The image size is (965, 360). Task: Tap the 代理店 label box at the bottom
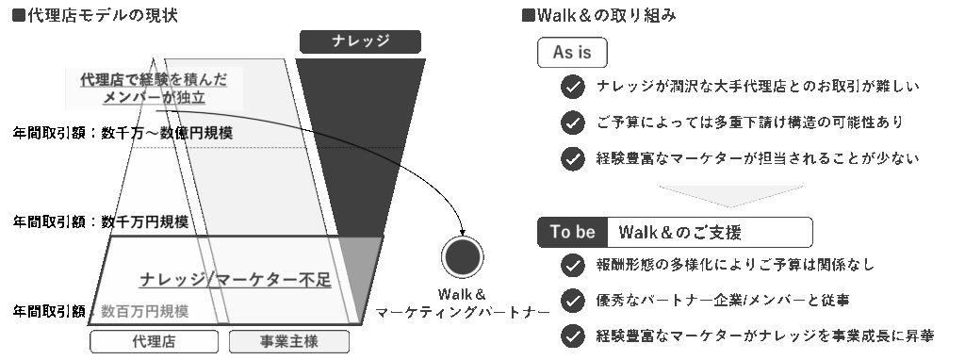click(154, 341)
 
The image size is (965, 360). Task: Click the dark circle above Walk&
click(462, 256)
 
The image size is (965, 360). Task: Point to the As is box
click(572, 53)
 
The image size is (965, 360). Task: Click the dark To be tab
click(572, 232)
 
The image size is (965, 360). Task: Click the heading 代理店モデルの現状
click(93, 15)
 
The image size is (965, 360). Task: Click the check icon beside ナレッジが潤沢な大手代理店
click(572, 88)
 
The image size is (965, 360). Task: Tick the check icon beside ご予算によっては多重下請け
click(572, 123)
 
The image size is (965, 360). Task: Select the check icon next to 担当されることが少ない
click(572, 158)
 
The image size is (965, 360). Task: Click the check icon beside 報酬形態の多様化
click(572, 266)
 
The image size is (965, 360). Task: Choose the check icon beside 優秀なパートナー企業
click(572, 301)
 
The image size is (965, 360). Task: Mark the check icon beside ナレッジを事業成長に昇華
click(572, 335)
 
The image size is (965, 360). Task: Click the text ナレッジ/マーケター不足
click(236, 279)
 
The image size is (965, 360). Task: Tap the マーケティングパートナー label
click(462, 312)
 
